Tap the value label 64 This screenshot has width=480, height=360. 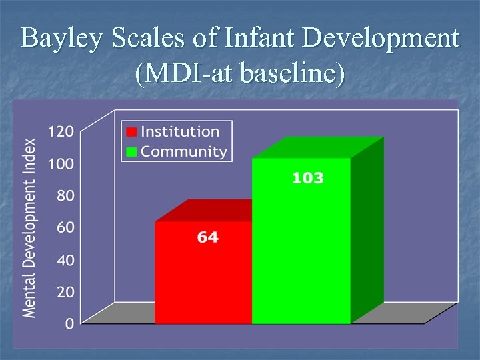(x=207, y=237)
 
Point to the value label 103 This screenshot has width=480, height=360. (x=307, y=178)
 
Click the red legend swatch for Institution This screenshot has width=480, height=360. (x=132, y=132)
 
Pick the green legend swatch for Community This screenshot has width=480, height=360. (x=132, y=151)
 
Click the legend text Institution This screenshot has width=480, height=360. (x=180, y=132)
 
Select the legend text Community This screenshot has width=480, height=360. (x=184, y=151)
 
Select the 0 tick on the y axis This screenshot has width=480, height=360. (x=69, y=324)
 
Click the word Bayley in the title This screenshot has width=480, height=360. (x=61, y=39)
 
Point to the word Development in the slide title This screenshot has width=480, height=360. (x=380, y=39)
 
